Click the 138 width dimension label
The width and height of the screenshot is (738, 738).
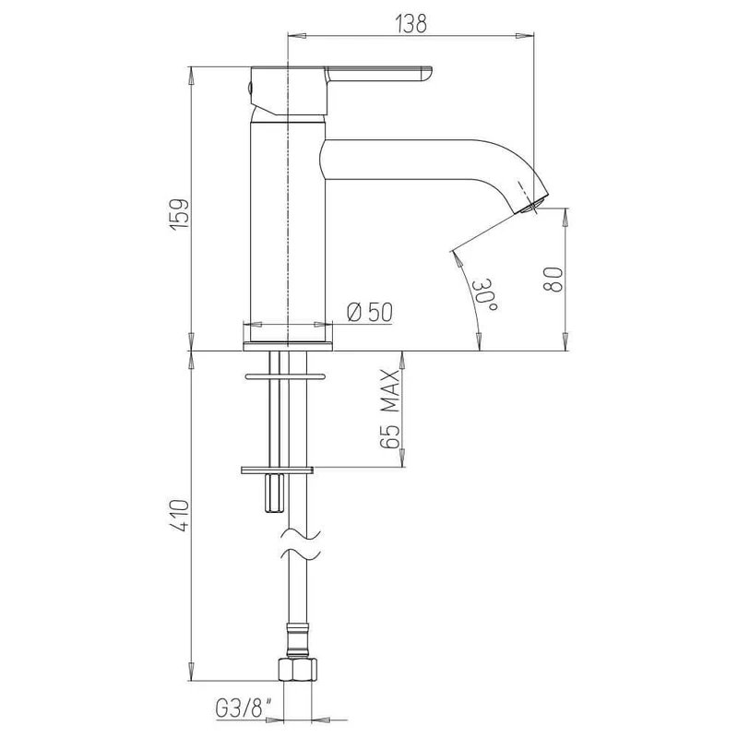click(x=411, y=23)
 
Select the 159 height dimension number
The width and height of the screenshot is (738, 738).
click(x=180, y=215)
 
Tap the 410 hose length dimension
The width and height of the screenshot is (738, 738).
click(x=180, y=516)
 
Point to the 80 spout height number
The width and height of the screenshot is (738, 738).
click(x=553, y=280)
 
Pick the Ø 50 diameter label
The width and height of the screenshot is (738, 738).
click(x=370, y=312)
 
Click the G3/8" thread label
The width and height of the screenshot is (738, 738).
click(x=244, y=708)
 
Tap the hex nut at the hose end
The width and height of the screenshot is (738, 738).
click(x=297, y=669)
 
